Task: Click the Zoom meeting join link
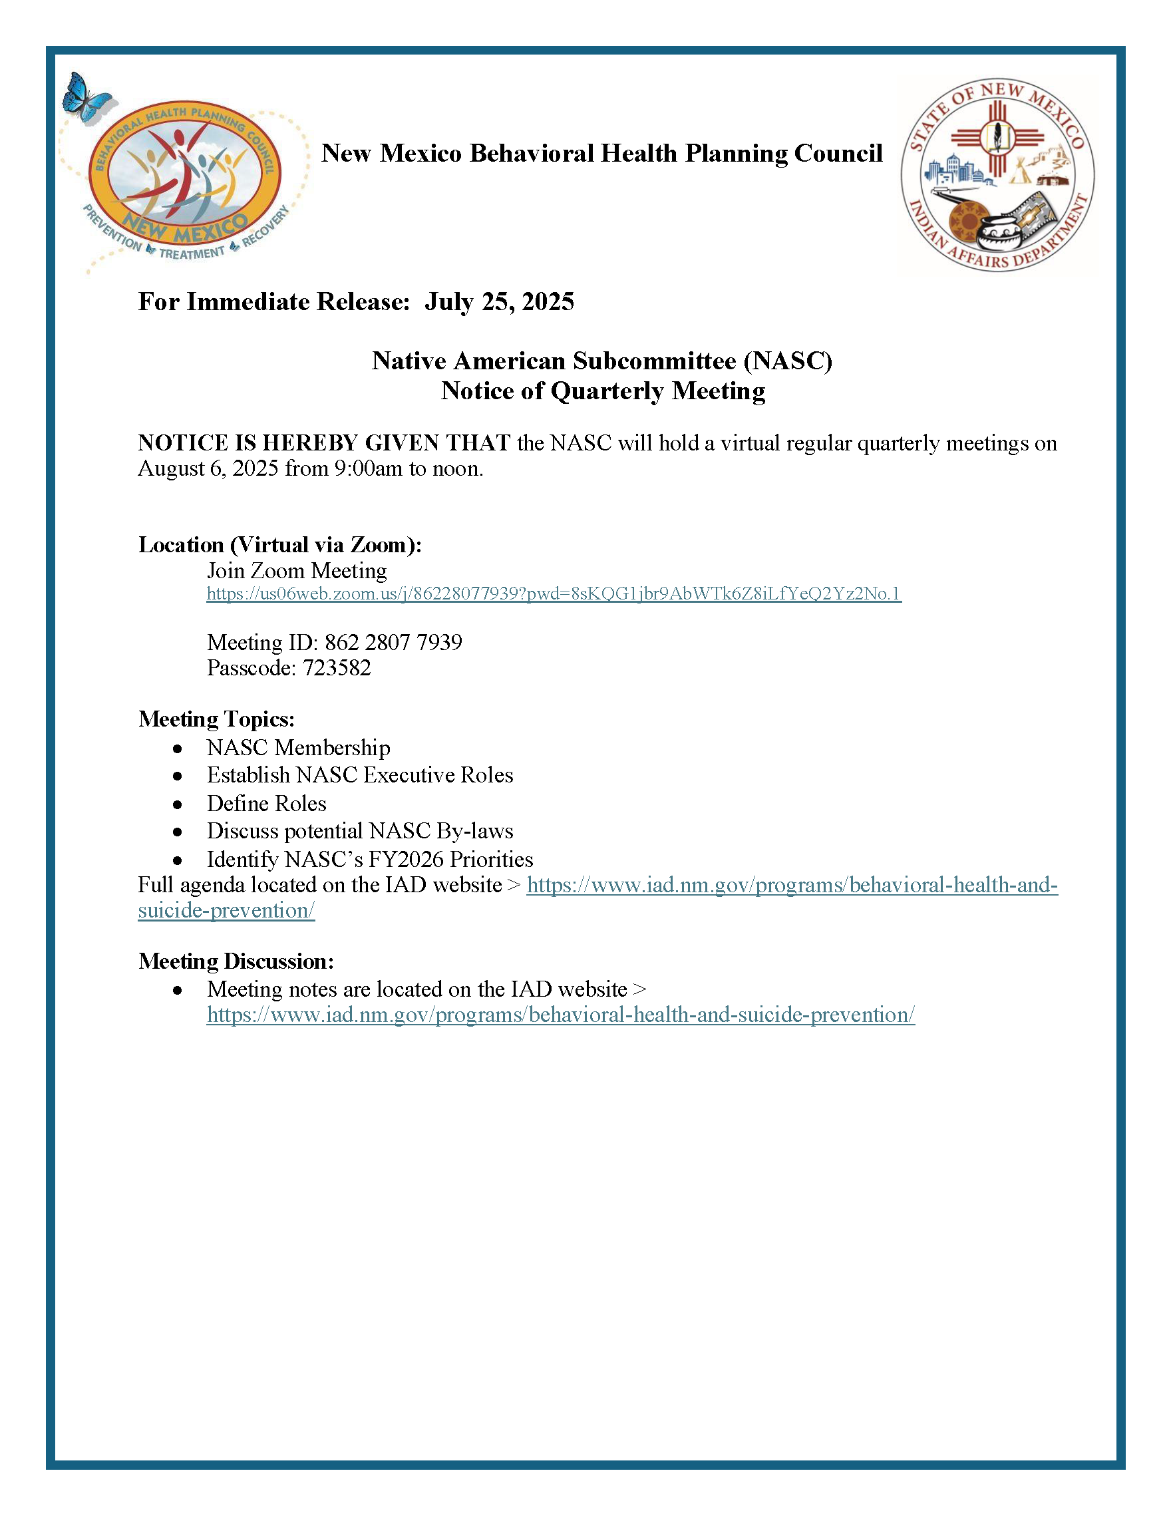[554, 593]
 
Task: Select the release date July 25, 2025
[500, 302]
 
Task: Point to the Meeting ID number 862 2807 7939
[393, 642]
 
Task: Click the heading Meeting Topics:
[216, 719]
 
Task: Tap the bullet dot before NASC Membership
[178, 749]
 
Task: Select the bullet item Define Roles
[266, 803]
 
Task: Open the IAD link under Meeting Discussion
[560, 1015]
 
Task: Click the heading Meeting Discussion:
[236, 961]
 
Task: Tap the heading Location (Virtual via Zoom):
[279, 545]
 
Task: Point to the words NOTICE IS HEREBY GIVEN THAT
[324, 442]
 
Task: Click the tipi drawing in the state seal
[1020, 170]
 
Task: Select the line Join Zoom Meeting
[297, 571]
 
